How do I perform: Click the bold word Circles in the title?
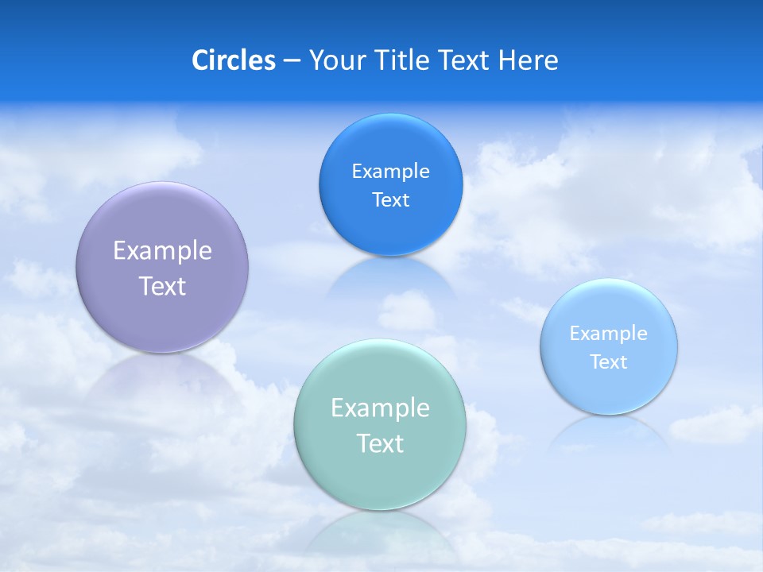point(234,60)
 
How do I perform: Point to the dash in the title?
point(292,61)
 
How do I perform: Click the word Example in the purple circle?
point(162,251)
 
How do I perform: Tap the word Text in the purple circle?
point(162,286)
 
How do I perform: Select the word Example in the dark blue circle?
point(390,172)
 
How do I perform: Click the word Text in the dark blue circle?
point(390,200)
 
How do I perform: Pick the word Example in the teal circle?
point(380,408)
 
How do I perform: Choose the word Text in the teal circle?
point(380,443)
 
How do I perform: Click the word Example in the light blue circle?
point(608,334)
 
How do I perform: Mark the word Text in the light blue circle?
point(609,362)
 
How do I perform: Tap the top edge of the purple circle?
point(162,183)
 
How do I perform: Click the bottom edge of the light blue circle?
point(609,413)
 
